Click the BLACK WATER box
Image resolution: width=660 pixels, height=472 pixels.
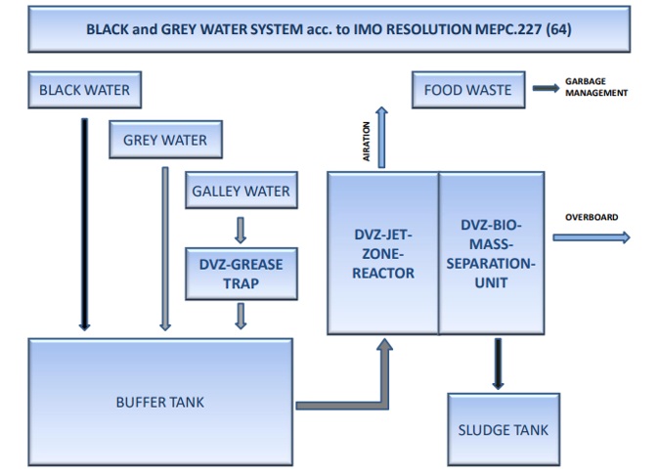(84, 90)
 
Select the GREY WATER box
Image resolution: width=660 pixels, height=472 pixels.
(165, 140)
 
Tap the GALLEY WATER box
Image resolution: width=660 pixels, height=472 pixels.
(241, 191)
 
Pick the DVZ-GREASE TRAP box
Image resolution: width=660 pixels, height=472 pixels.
(241, 275)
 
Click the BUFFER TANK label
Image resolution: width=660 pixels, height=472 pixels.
(160, 402)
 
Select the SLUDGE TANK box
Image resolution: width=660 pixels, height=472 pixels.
(504, 429)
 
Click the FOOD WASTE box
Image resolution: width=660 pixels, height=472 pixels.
(467, 90)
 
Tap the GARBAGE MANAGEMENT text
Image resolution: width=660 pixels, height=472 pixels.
(595, 88)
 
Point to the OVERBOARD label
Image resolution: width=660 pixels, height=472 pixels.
(592, 217)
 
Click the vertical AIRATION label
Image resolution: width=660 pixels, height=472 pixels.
(368, 143)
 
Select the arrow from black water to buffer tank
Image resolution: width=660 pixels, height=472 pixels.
(84, 225)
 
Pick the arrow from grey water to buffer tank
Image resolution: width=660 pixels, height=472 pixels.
(165, 249)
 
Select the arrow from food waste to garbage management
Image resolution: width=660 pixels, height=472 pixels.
(543, 90)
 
